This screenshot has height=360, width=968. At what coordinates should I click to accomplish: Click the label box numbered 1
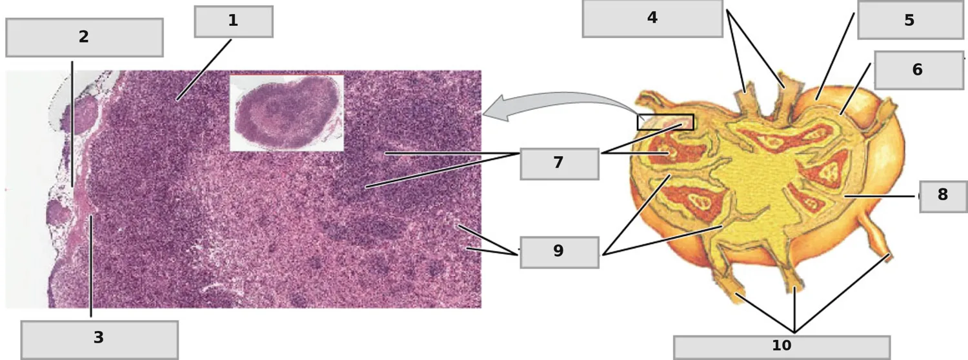(x=234, y=21)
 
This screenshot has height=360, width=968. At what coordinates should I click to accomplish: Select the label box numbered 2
(x=85, y=37)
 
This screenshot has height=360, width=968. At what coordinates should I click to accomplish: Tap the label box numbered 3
(x=99, y=340)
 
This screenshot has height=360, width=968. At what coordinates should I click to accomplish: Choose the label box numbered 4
(x=652, y=19)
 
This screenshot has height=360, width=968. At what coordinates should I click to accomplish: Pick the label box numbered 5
(x=911, y=20)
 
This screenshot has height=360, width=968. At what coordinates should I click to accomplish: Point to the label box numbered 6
(x=919, y=70)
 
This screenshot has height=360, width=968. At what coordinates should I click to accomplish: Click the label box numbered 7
(x=560, y=164)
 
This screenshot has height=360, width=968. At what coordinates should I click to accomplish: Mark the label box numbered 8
(x=943, y=197)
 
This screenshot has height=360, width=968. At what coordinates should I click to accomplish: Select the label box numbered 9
(x=560, y=252)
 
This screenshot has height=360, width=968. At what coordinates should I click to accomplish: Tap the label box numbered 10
(x=781, y=347)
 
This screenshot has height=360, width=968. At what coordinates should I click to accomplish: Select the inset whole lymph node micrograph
(x=287, y=113)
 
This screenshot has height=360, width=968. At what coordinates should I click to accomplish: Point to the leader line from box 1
(x=204, y=70)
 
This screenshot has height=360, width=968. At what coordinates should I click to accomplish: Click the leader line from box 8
(x=882, y=196)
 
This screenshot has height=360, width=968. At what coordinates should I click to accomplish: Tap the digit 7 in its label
(x=558, y=163)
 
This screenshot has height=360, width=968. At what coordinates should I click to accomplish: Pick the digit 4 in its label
(x=652, y=17)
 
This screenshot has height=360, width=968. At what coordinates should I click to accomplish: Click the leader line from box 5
(x=835, y=57)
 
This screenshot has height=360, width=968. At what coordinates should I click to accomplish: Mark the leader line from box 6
(x=855, y=90)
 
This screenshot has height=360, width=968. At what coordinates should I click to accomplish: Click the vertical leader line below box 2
(x=72, y=124)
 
